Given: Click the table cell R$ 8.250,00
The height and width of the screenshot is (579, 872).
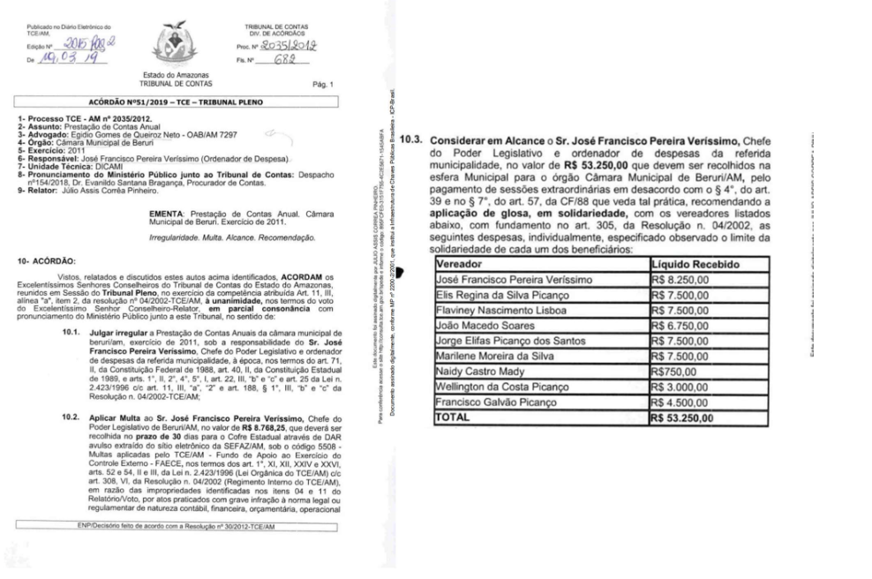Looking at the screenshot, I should [680, 280].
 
